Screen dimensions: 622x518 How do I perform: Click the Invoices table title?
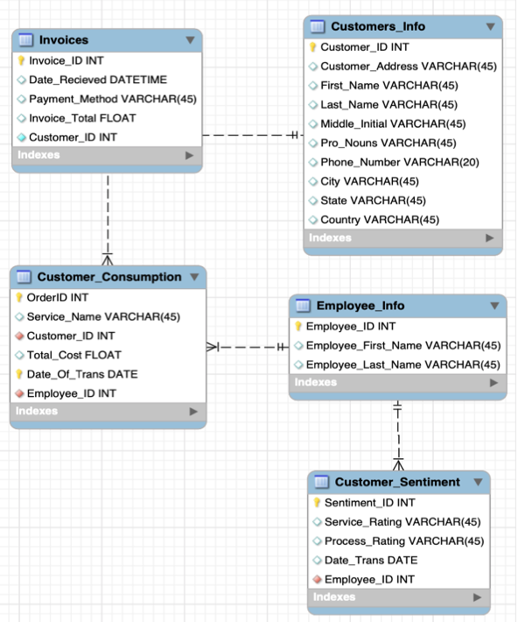(63, 40)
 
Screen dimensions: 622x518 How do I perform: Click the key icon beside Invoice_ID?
(22, 60)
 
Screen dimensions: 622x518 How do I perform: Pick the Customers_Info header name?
(377, 26)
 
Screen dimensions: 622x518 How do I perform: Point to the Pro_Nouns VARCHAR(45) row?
(388, 143)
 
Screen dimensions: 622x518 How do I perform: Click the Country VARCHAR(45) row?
(379, 220)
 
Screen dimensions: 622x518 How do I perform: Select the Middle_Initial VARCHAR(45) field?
(393, 124)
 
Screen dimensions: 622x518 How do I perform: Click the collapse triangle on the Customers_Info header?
(490, 26)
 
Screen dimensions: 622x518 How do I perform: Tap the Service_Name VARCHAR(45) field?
(103, 316)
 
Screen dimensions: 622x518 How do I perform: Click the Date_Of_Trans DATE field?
(81, 374)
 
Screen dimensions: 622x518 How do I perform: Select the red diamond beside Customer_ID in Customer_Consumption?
(19, 336)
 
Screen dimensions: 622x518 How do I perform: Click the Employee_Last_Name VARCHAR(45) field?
(402, 364)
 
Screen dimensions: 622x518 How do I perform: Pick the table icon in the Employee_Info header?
(303, 306)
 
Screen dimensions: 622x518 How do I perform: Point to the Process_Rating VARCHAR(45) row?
(403, 541)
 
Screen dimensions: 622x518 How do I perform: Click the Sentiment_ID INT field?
(369, 502)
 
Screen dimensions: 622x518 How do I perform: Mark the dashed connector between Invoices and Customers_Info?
(249, 135)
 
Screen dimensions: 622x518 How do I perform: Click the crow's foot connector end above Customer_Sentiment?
(398, 462)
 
